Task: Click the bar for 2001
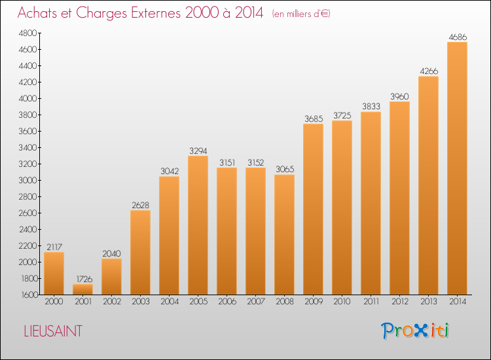(82, 289)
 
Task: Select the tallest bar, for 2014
(457, 168)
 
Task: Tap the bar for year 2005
(198, 225)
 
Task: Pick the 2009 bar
(313, 209)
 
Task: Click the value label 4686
(458, 37)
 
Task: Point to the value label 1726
(84, 279)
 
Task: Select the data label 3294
(198, 151)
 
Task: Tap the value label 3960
(399, 96)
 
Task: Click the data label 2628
(140, 205)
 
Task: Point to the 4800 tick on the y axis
(27, 33)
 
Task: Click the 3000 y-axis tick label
(27, 180)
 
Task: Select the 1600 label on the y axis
(29, 295)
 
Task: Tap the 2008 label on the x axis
(285, 302)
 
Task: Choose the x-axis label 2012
(400, 302)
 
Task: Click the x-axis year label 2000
(54, 302)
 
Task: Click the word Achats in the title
(37, 12)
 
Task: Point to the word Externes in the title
(156, 12)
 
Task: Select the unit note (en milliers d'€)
(301, 14)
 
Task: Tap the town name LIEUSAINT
(53, 331)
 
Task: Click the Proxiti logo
(415, 331)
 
